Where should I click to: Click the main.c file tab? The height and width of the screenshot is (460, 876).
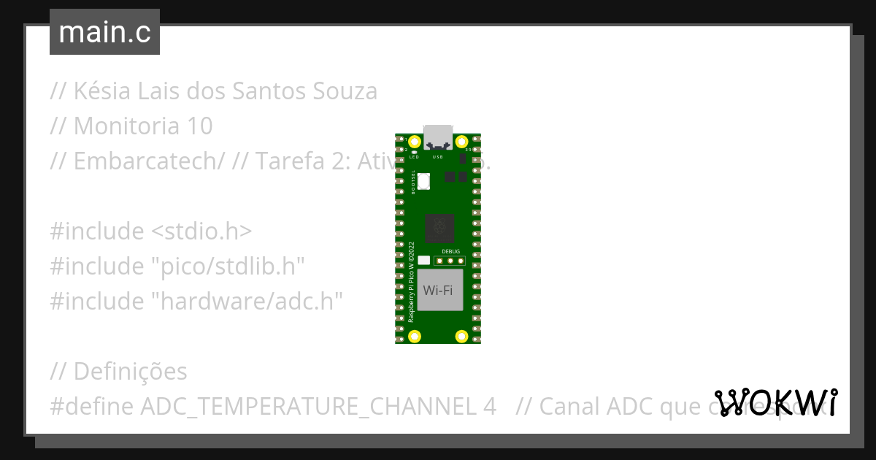click(x=104, y=32)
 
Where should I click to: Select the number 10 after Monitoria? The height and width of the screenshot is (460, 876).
click(x=199, y=126)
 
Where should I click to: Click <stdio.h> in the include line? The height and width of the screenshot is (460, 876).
click(x=201, y=231)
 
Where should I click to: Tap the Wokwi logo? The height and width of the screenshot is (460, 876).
click(x=776, y=402)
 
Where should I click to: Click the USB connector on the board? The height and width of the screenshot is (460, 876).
click(x=438, y=137)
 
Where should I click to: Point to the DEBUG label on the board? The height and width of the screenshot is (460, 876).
click(x=451, y=251)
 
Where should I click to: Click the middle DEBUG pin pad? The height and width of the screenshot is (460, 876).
click(x=451, y=260)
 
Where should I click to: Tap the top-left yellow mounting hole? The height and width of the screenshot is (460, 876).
click(x=415, y=142)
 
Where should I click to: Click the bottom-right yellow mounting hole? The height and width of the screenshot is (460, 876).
click(x=461, y=336)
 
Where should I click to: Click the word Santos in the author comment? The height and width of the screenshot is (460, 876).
click(x=273, y=91)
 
